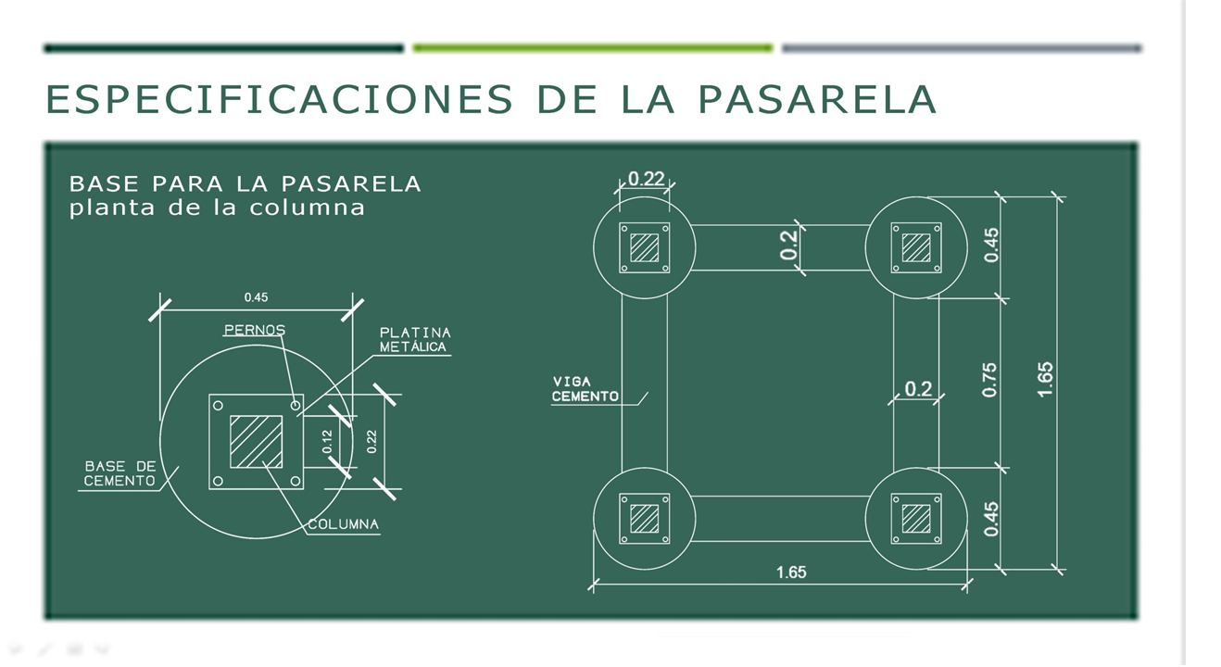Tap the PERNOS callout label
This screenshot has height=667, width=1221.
tap(254, 331)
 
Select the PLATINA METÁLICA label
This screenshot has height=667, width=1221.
tap(414, 340)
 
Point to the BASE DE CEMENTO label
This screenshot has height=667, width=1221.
tap(120, 473)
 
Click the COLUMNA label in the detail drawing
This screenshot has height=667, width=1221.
tap(343, 524)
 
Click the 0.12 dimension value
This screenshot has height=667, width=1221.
tap(327, 442)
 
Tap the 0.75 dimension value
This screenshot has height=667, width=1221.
tap(990, 380)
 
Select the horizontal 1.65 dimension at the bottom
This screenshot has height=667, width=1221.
tap(791, 573)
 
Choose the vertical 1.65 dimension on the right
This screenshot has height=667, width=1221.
tap(1045, 380)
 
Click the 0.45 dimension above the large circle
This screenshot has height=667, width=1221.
tap(256, 297)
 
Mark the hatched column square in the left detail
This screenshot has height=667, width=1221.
tap(256, 441)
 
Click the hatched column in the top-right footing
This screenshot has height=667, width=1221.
tap(916, 247)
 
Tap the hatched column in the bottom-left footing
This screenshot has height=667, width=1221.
tap(644, 518)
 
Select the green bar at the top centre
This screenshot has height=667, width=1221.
tap(592, 48)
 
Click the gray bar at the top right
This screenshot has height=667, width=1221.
tap(961, 48)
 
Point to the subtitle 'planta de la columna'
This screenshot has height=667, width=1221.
tap(217, 208)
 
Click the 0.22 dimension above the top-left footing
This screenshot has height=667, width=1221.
tap(646, 179)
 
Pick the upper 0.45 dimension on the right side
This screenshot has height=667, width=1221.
tap(991, 245)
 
